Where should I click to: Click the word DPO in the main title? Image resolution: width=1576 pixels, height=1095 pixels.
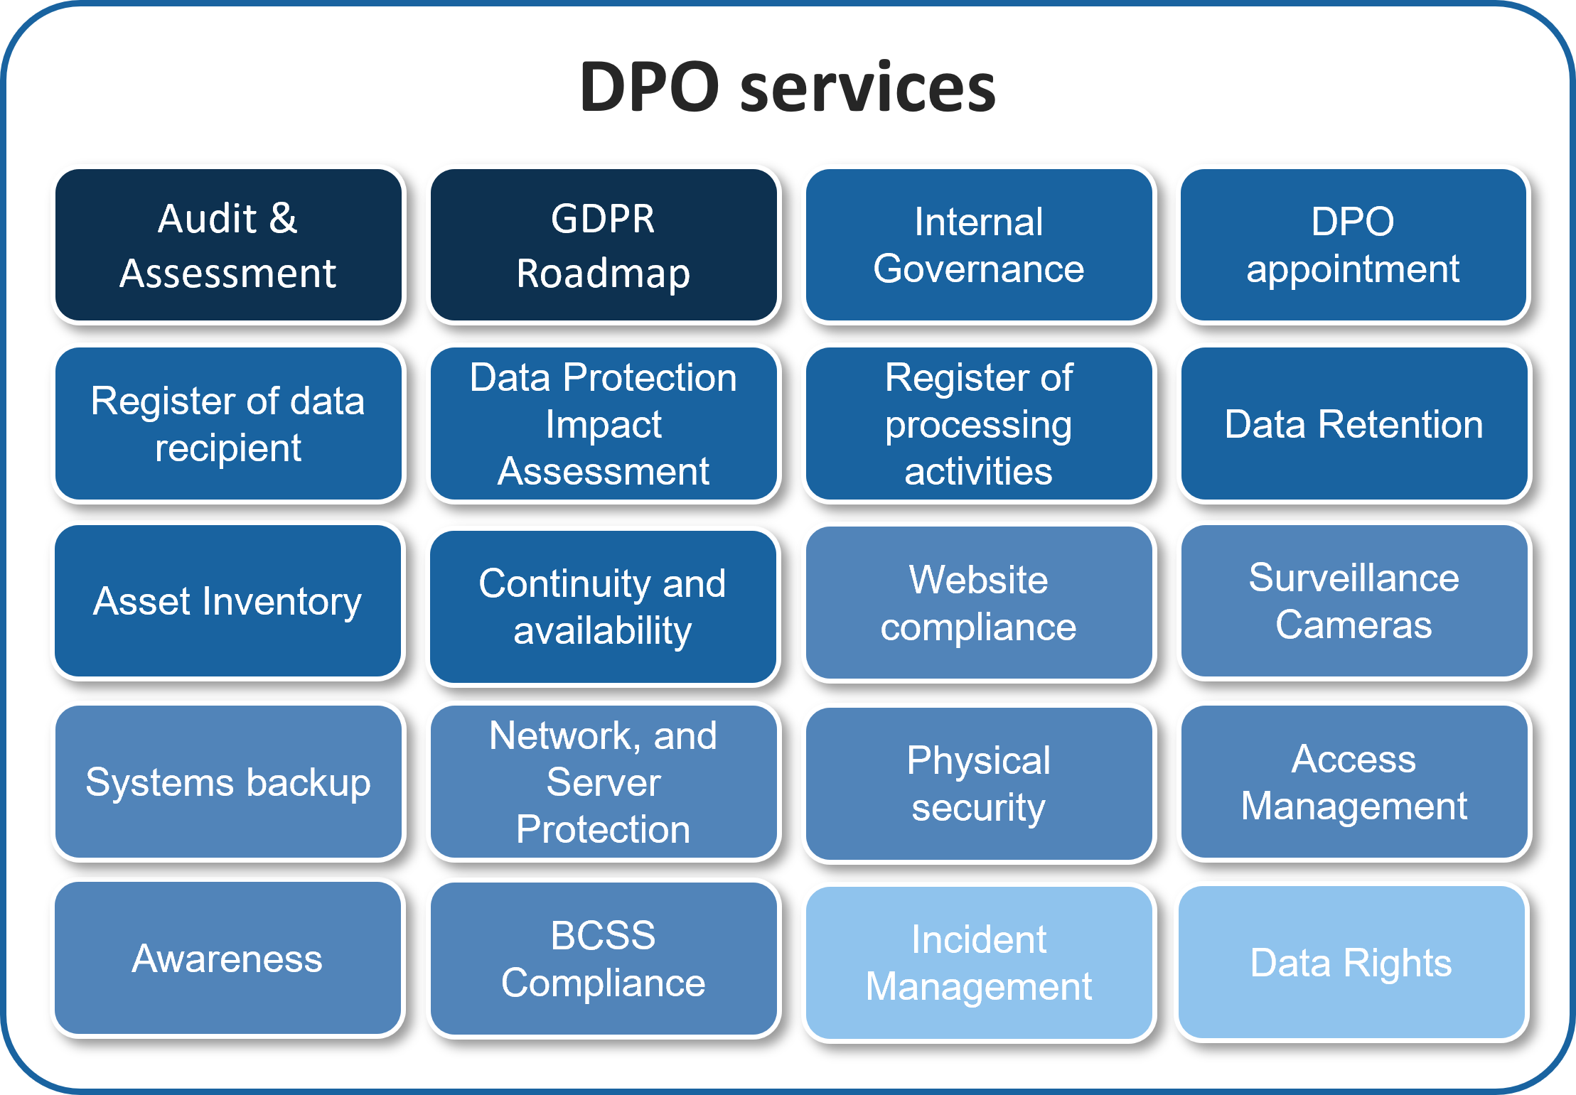point(650,87)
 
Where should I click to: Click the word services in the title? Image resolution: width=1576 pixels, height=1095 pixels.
point(868,88)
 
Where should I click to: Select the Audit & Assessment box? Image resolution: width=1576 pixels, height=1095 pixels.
point(228,245)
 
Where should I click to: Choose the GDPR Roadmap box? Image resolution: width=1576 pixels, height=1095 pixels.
point(604,245)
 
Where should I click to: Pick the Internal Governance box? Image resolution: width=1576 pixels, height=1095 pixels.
point(979,245)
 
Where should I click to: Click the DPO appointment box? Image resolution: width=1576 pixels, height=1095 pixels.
point(1354,245)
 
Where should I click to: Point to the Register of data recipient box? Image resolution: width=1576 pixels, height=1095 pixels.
point(228,424)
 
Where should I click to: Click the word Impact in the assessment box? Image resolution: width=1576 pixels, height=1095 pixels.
point(604,426)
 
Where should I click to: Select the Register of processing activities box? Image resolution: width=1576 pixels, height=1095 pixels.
point(979,424)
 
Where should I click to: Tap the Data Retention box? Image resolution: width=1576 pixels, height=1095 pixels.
point(1354,424)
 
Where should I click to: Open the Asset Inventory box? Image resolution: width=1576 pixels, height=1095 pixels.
point(228,601)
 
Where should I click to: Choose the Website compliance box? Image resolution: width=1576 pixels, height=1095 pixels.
point(979,603)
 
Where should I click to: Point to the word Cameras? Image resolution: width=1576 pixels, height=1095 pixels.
point(1353,625)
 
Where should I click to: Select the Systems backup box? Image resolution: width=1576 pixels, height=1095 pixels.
point(228,782)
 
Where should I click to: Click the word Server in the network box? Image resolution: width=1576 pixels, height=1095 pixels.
point(604,782)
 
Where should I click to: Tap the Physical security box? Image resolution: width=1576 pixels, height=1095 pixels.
point(979,784)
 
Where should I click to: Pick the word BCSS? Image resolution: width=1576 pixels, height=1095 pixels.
point(603,936)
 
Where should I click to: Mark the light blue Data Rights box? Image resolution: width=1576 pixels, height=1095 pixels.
point(1353,963)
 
